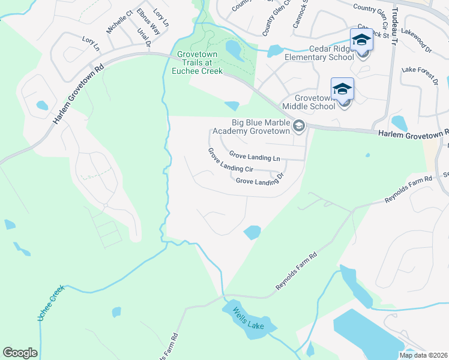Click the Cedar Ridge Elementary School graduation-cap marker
coord(361,40)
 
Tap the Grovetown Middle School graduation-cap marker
coord(342,89)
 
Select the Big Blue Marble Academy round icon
coord(299,127)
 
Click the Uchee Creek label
coord(50,304)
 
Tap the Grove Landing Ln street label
coord(255,157)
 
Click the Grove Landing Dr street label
coord(259,181)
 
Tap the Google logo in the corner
coord(20,353)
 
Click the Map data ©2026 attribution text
coord(423,355)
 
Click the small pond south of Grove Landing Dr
coord(252,232)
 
